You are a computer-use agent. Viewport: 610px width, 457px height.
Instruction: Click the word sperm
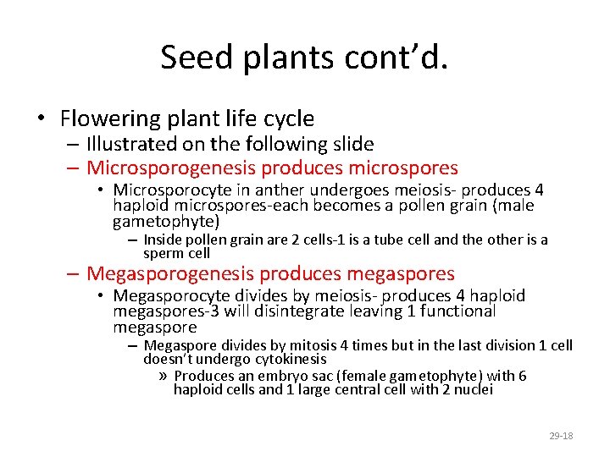click(x=163, y=253)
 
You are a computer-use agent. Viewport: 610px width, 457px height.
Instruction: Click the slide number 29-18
click(x=561, y=435)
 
